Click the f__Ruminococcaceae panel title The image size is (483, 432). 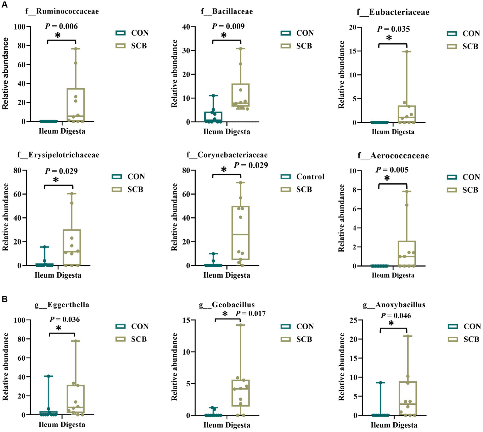click(62, 12)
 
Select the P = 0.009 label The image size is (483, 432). click(228, 26)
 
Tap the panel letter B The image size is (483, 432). click(5, 299)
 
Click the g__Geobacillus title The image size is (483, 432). click(227, 305)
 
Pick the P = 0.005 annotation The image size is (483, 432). click(392, 170)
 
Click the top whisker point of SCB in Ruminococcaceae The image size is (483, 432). click(76, 49)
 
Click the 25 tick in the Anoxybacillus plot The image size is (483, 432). click(353, 320)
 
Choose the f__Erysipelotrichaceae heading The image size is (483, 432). click(58, 155)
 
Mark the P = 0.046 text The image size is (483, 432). click(396, 316)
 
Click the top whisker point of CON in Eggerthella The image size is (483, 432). click(48, 376)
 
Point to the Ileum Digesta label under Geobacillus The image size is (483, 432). click(227, 425)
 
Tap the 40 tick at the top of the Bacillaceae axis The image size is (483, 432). click(186, 27)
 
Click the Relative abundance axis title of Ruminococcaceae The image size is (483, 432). click(5, 74)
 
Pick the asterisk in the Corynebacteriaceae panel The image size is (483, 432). click(224, 170)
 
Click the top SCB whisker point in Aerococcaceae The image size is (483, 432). click(407, 191)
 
